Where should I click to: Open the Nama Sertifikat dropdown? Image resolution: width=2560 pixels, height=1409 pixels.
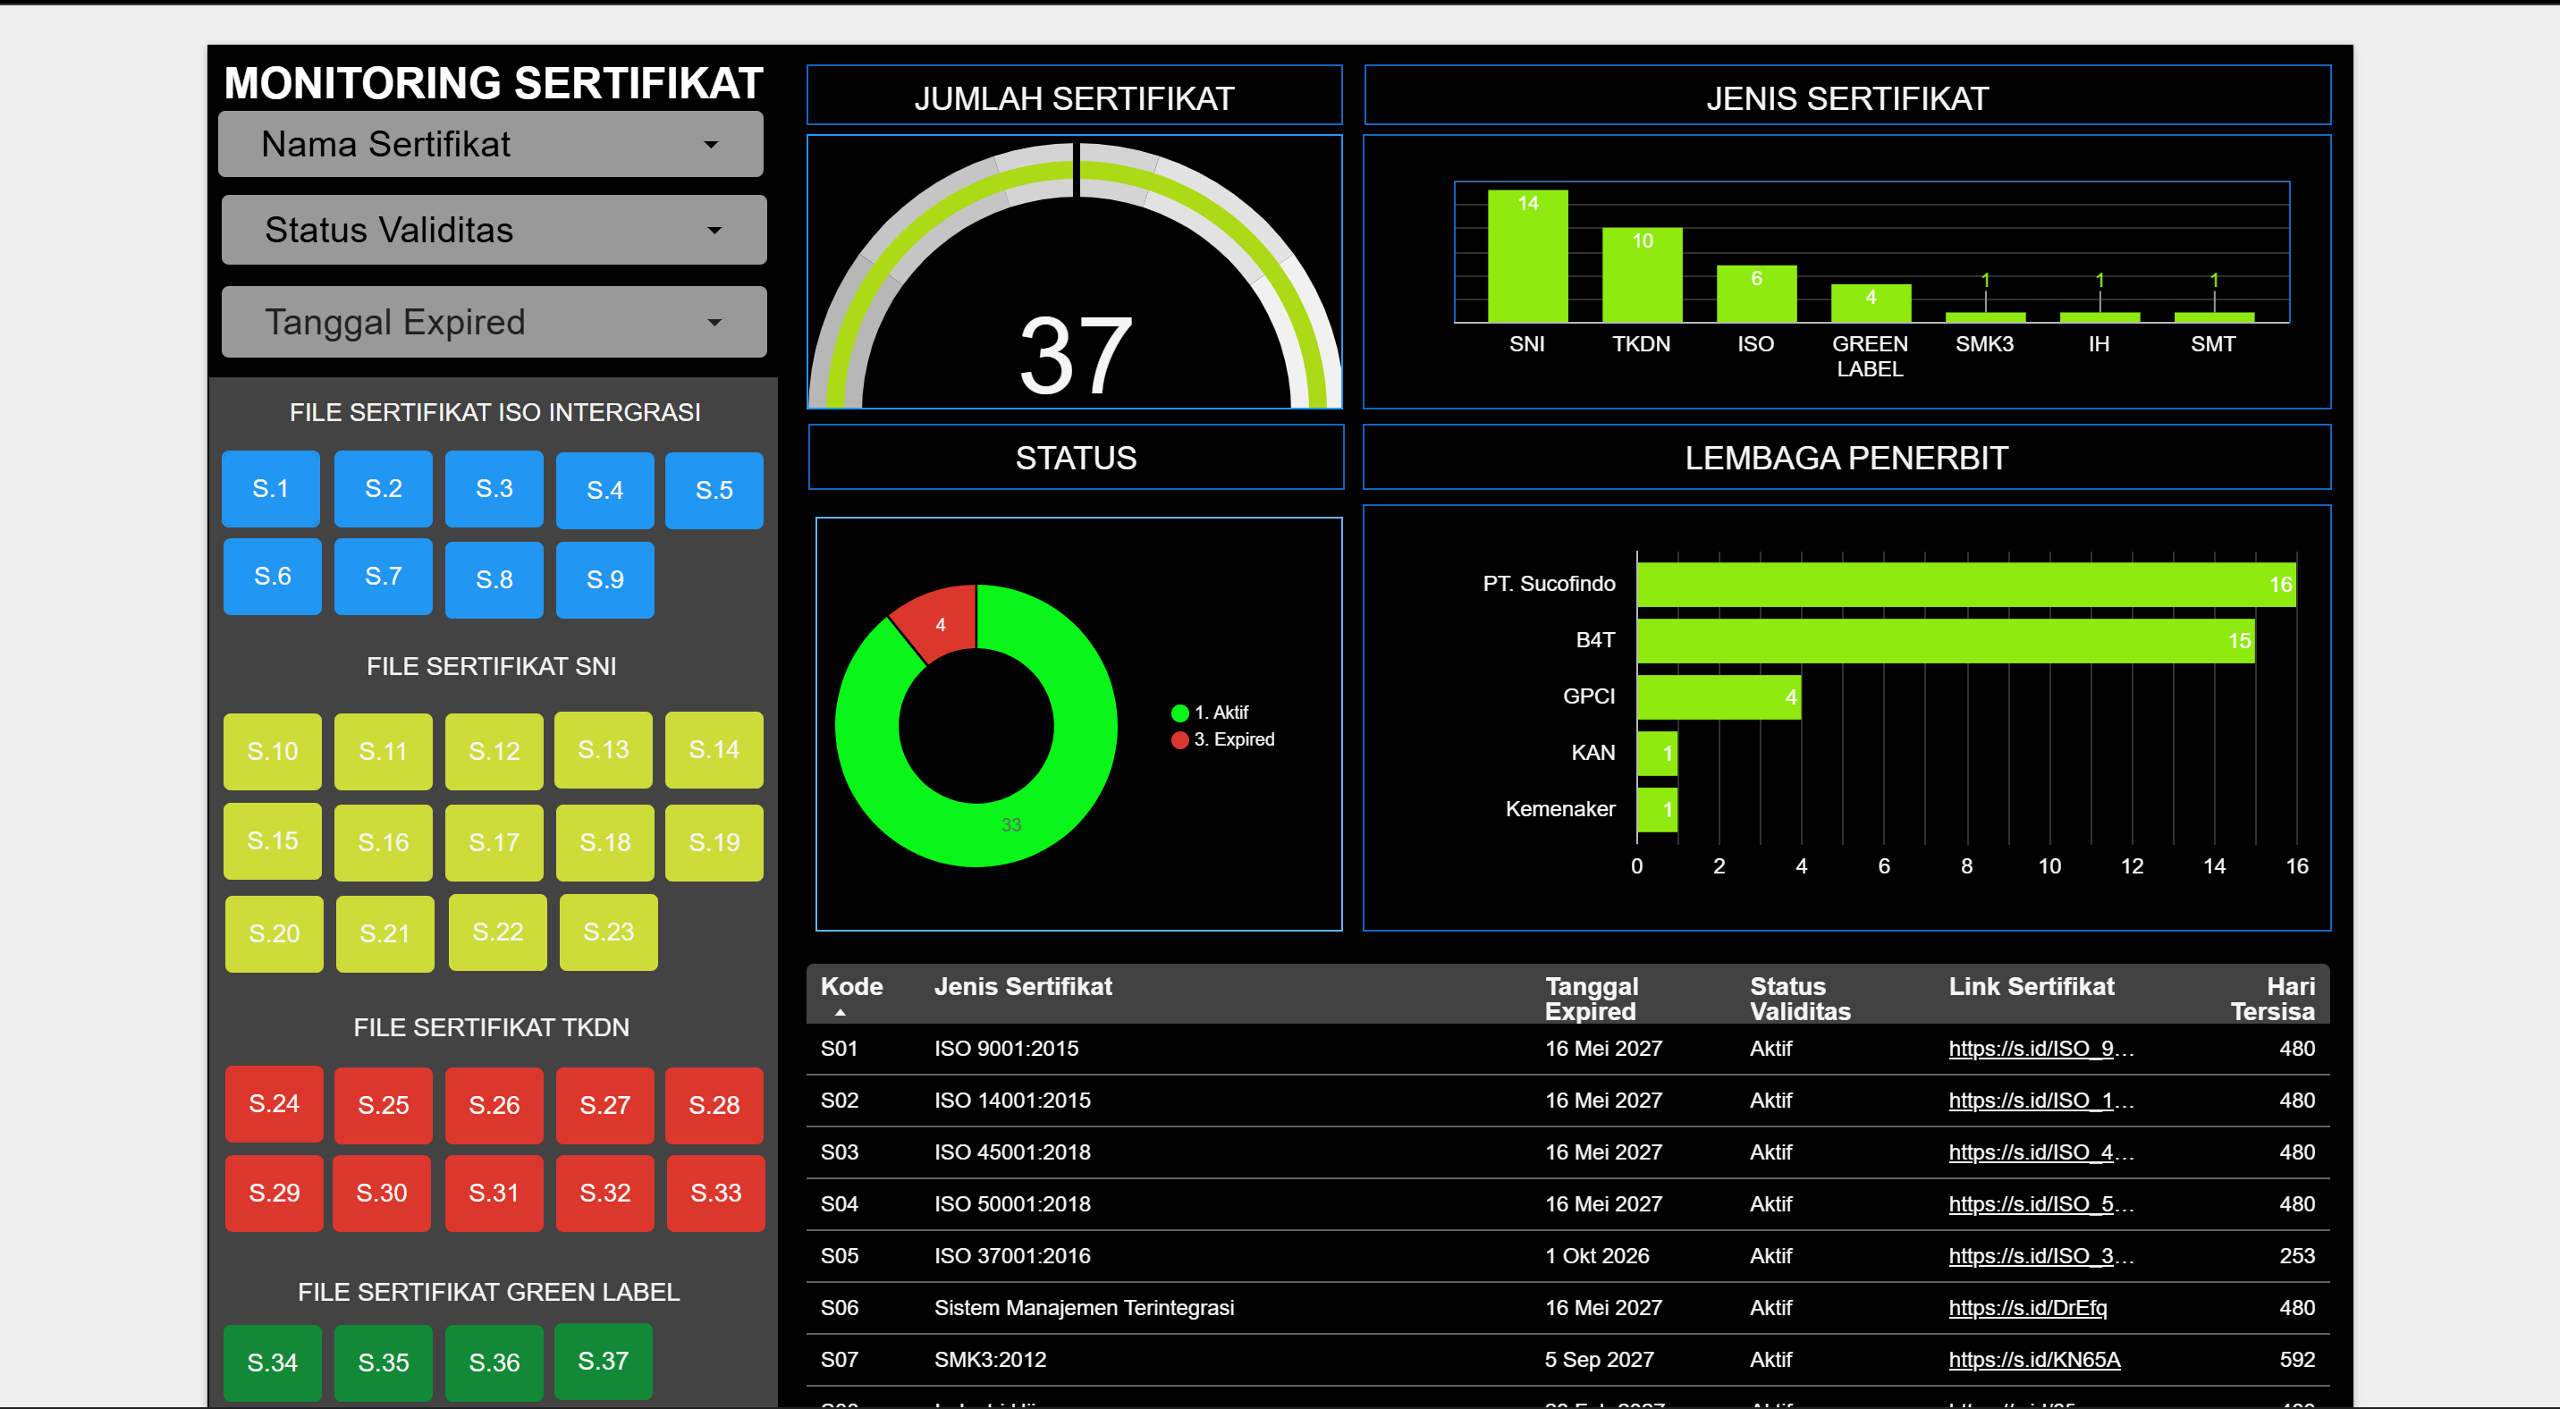[x=490, y=145]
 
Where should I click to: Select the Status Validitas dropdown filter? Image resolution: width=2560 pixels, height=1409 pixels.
[x=493, y=231]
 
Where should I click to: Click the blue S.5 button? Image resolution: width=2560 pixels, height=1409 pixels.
[x=714, y=490]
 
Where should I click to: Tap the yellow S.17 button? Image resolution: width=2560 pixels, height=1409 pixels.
[x=494, y=842]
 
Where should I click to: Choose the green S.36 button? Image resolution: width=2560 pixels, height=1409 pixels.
[x=494, y=1362]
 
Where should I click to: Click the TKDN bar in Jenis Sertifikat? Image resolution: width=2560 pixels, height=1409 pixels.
[x=1642, y=275]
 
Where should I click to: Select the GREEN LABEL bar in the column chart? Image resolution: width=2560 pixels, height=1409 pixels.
[x=1871, y=304]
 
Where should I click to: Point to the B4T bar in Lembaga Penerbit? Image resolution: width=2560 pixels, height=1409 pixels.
[x=1945, y=641]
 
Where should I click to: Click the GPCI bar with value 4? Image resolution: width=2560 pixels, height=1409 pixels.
[x=1719, y=697]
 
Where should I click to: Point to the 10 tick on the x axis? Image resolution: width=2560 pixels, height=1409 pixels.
[x=2049, y=866]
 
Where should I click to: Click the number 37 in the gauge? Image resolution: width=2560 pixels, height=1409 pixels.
[x=1076, y=355]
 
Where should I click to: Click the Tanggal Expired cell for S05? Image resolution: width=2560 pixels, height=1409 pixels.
[x=1596, y=1256]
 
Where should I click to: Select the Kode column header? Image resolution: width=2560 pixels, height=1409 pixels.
[x=851, y=987]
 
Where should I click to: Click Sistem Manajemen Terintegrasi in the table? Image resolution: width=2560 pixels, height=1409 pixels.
[x=1083, y=1308]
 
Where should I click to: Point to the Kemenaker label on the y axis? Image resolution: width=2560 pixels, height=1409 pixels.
[x=1559, y=809]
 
